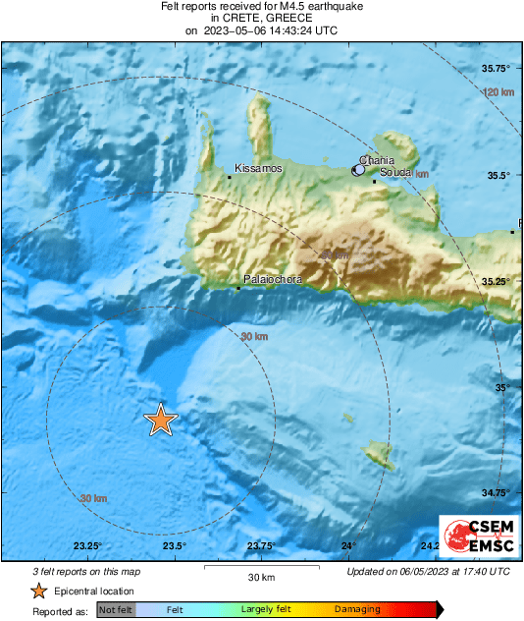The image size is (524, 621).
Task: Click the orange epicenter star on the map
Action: tap(160, 420)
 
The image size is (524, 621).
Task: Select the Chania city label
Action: tap(378, 159)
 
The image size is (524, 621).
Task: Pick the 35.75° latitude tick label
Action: tap(497, 69)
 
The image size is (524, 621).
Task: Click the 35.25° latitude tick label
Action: tap(497, 282)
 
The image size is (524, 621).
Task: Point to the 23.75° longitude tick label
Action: tap(260, 547)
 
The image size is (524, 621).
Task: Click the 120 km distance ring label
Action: tap(499, 91)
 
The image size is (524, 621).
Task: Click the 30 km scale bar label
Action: tap(260, 577)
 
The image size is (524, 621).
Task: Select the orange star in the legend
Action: tap(38, 591)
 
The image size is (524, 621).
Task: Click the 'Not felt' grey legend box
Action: tap(116, 610)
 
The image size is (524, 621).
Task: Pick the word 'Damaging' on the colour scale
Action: tap(357, 610)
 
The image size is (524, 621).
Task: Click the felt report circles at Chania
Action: tap(359, 170)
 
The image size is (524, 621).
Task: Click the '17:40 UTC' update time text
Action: tap(480, 571)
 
